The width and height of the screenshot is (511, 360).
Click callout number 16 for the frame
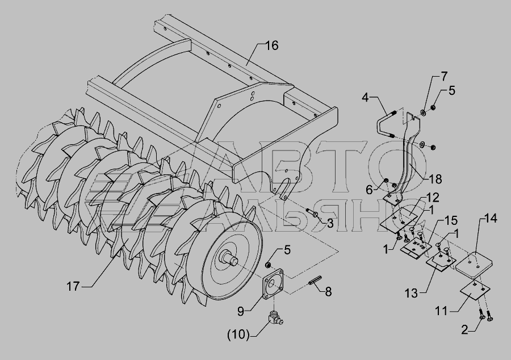271,45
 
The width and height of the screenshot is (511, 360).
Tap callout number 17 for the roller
73,286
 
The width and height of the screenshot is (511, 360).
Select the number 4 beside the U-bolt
365,97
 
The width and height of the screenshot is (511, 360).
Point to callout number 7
444,76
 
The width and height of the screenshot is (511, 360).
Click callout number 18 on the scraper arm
435,179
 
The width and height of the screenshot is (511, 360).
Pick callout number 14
490,219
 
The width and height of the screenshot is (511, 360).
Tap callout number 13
411,293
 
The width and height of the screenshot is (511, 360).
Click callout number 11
442,311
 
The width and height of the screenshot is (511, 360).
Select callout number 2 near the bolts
464,330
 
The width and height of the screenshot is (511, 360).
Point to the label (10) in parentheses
238,334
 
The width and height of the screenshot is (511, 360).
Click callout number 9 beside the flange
241,312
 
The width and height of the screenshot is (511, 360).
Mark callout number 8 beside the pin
328,292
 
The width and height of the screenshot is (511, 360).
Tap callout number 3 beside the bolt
330,224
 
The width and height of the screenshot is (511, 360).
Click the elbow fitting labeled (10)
275,319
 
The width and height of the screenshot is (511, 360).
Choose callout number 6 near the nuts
369,190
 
